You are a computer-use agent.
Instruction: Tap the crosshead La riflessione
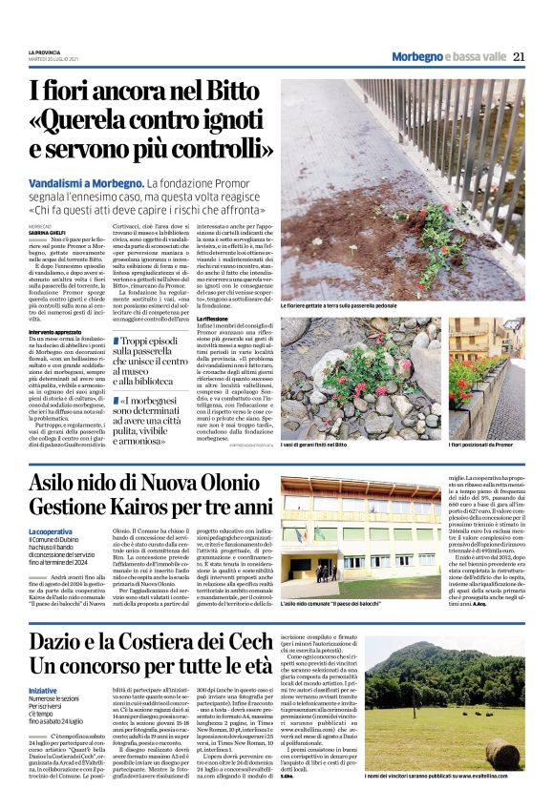215,318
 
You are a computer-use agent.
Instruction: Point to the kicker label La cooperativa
50,530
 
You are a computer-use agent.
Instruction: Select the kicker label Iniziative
43,690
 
